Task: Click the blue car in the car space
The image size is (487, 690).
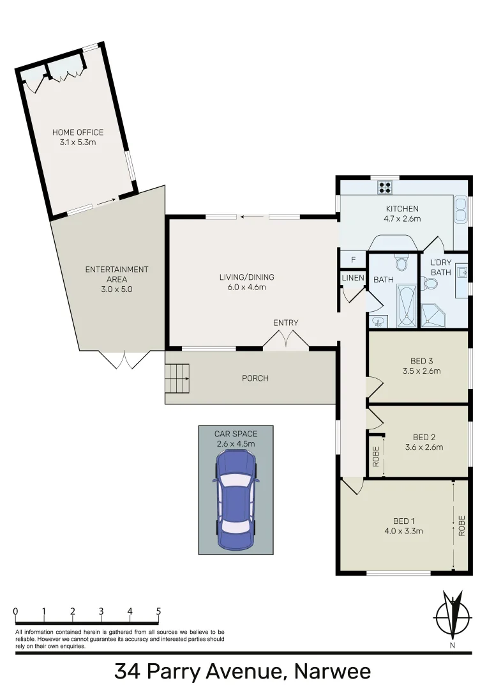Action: click(x=236, y=500)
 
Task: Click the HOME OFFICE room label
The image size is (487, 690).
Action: click(x=77, y=132)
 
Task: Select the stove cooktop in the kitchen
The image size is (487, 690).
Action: click(x=385, y=187)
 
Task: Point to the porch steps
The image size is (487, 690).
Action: click(x=178, y=379)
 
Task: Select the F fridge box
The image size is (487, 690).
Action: click(x=353, y=260)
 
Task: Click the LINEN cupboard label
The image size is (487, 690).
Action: click(x=353, y=278)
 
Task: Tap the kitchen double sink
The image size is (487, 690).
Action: click(x=460, y=208)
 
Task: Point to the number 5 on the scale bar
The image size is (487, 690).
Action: click(x=158, y=611)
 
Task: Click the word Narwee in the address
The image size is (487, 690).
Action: click(x=332, y=672)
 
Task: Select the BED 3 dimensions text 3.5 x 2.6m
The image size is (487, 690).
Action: click(x=422, y=371)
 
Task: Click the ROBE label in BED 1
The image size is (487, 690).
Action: click(x=461, y=525)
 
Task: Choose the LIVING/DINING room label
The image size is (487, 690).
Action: click(x=243, y=277)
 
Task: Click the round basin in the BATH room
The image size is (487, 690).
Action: click(x=378, y=320)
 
